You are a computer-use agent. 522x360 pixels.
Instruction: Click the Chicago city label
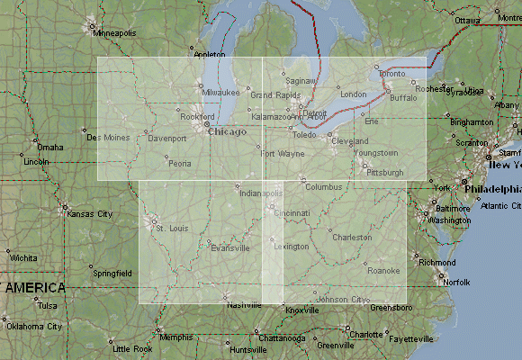(x=227, y=132)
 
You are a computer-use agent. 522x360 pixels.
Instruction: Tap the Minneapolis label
(x=115, y=33)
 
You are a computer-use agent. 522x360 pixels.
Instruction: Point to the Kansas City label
(x=93, y=214)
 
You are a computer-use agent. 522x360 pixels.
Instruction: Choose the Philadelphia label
(x=493, y=190)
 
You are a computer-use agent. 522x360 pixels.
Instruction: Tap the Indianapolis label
(x=261, y=193)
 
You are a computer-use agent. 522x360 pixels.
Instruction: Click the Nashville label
(x=244, y=305)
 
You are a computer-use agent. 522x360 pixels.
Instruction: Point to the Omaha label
(x=50, y=147)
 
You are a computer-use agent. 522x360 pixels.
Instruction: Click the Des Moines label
(x=107, y=138)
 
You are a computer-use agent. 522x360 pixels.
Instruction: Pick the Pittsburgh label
(x=386, y=171)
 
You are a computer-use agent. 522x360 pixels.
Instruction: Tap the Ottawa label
(x=467, y=20)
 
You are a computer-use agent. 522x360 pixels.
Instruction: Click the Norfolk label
(x=457, y=282)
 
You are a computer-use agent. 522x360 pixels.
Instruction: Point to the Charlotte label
(x=366, y=334)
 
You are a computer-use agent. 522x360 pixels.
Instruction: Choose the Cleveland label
(x=350, y=142)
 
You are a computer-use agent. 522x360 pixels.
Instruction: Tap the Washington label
(x=450, y=220)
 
